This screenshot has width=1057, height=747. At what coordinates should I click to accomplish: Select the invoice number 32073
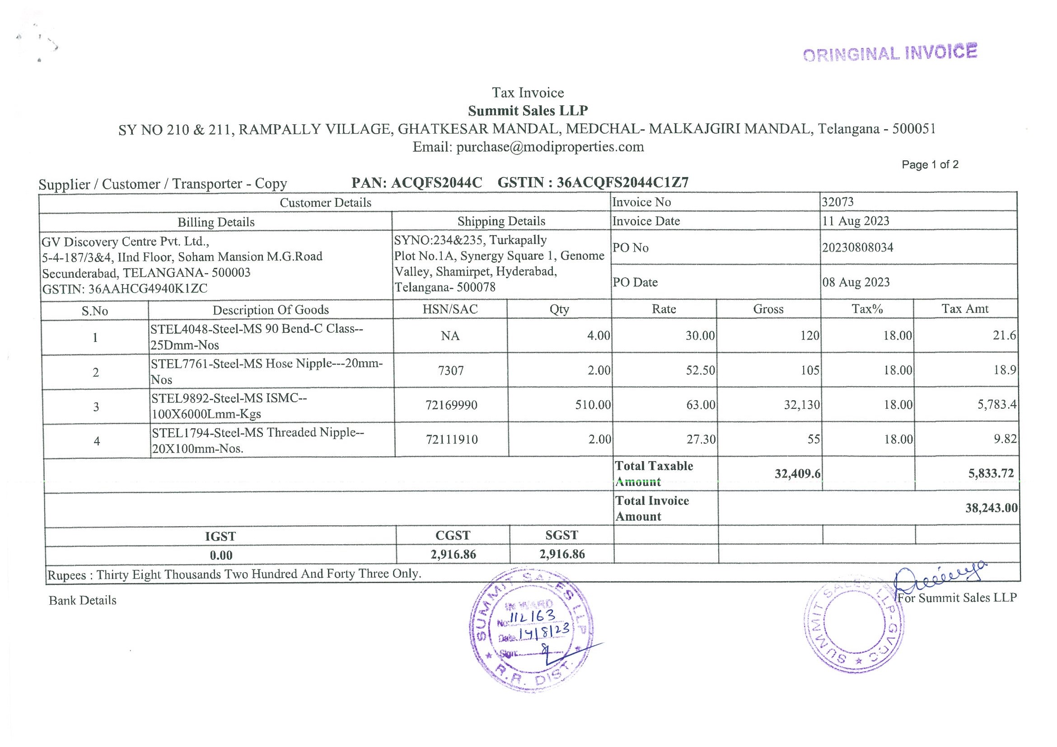point(838,202)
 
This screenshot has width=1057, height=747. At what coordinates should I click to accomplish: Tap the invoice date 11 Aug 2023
point(856,221)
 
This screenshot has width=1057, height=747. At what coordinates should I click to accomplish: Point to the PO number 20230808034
point(858,247)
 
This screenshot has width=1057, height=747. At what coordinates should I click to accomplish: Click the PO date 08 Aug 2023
point(856,282)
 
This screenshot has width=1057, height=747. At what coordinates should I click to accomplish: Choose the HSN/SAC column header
point(450,309)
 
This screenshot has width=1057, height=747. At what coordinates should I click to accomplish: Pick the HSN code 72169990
point(451,406)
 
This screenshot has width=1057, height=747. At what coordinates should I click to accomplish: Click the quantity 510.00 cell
point(593,405)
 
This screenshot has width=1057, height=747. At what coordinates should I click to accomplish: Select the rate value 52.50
point(700,370)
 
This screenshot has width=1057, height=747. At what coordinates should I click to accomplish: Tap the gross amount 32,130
point(802,405)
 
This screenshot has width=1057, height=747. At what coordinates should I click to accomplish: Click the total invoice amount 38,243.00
point(991,508)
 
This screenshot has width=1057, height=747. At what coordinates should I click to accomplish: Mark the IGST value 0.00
point(221,555)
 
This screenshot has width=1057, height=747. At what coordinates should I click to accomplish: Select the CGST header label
point(453,535)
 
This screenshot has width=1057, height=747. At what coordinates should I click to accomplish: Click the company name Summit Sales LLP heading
point(528,111)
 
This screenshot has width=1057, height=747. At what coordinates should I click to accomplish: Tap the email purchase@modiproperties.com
point(550,147)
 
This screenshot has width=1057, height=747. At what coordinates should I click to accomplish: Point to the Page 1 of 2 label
point(930,165)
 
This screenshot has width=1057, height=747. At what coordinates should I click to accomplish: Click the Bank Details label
point(82,601)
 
